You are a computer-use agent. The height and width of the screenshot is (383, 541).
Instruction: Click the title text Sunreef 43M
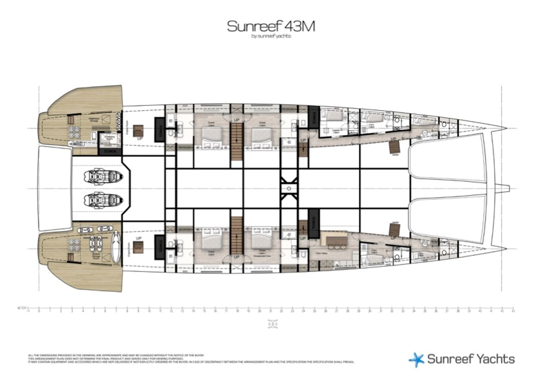pyautogui.click(x=271, y=27)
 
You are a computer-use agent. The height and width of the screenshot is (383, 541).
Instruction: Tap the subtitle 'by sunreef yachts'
pyautogui.click(x=271, y=36)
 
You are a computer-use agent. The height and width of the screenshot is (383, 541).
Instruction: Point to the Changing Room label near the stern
pyautogui.click(x=110, y=137)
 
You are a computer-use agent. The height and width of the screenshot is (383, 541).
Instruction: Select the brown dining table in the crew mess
pyautogui.click(x=337, y=240)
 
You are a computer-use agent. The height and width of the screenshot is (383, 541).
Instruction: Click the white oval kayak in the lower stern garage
pyautogui.click(x=116, y=247)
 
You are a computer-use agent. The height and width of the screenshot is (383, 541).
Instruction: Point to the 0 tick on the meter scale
pyautogui.click(x=39, y=311)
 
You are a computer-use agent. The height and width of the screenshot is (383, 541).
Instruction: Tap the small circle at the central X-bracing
pyautogui.click(x=289, y=188)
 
